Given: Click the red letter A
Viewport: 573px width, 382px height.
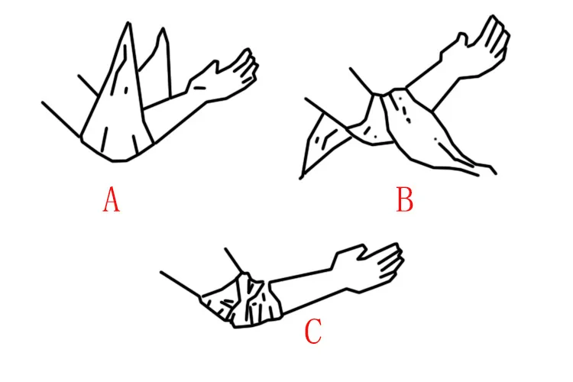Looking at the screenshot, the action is (111, 199).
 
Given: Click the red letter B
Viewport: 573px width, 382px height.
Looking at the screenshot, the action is (405, 199).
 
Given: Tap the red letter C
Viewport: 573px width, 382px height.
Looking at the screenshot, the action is (313, 331).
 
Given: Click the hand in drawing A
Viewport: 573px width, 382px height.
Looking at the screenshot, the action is (224, 76).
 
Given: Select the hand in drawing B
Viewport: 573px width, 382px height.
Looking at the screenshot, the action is (475, 47).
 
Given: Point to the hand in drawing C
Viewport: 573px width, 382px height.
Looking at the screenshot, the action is (368, 267).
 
